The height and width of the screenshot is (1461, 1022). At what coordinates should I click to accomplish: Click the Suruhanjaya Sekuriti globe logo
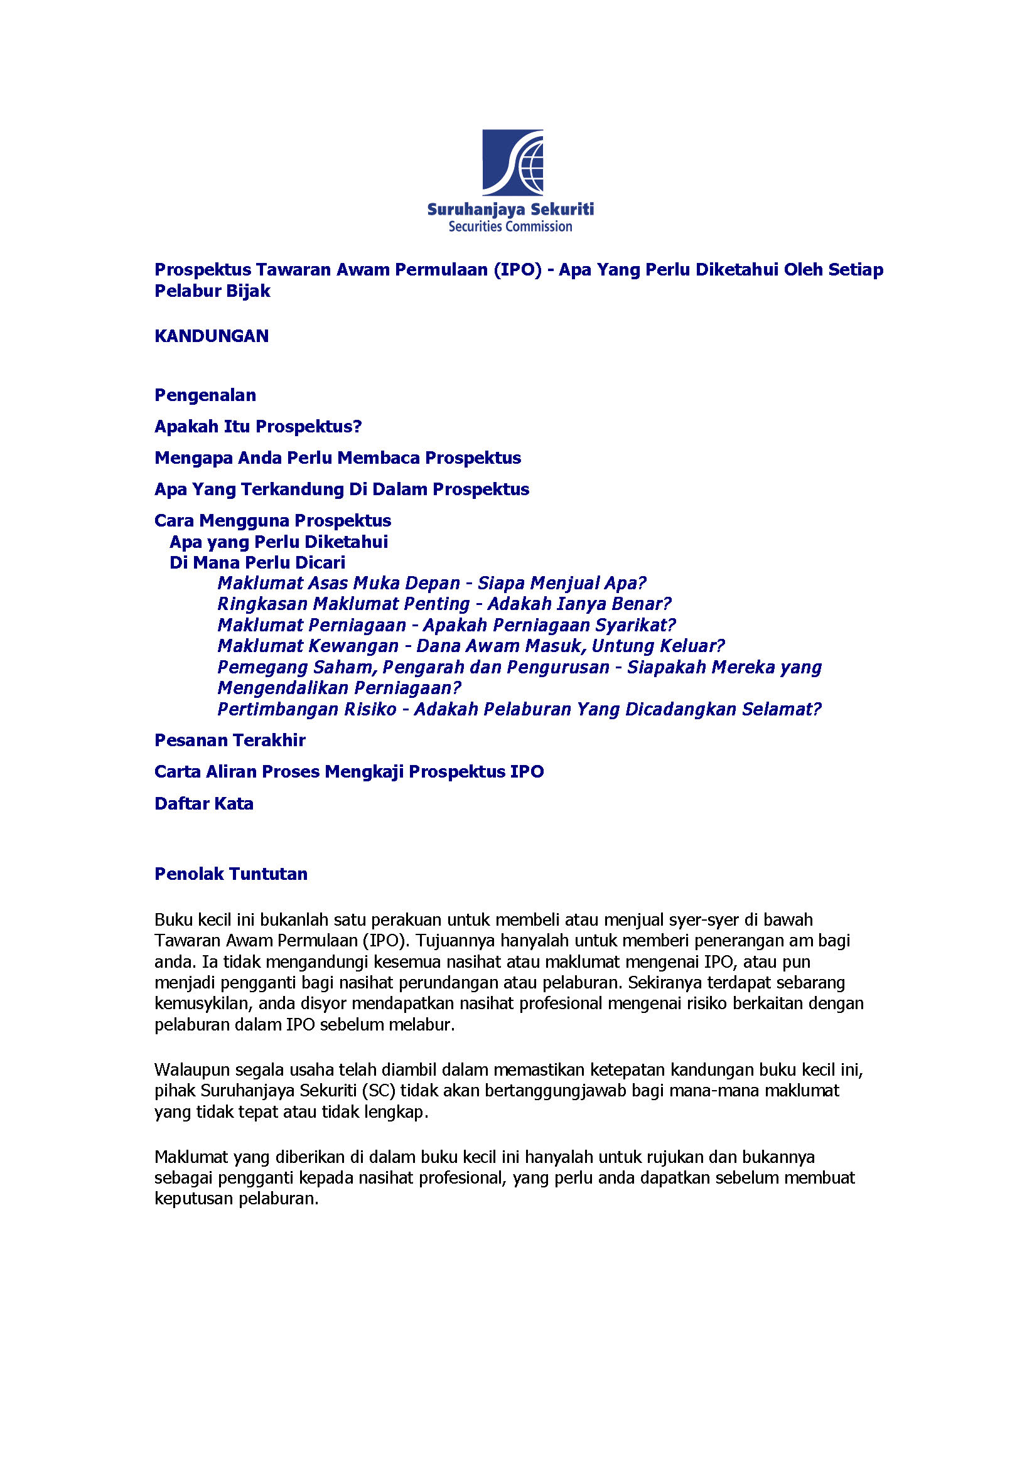[512, 163]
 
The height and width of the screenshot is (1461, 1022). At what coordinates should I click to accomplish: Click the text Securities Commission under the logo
[510, 227]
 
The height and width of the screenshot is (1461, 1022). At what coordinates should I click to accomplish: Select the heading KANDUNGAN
[212, 336]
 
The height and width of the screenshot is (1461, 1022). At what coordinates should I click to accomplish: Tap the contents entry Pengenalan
[205, 395]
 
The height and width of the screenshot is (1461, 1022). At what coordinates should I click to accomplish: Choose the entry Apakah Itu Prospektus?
[258, 426]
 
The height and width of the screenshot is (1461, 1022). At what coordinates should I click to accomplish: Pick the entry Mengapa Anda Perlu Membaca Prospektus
[337, 458]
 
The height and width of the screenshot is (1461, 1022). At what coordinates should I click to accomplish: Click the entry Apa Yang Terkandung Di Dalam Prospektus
[342, 489]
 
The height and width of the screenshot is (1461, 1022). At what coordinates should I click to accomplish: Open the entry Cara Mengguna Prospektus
[272, 520]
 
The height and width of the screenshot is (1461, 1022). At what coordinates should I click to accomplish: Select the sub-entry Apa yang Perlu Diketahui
[278, 542]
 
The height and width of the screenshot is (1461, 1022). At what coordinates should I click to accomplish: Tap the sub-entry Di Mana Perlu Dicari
[257, 562]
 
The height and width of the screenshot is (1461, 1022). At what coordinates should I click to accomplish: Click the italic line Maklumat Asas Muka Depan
[431, 583]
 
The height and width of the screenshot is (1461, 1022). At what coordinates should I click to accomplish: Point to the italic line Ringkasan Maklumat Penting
[444, 603]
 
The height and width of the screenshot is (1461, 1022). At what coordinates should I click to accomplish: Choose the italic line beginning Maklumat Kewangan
[471, 646]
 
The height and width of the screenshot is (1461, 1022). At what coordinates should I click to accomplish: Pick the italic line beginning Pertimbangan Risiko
[519, 709]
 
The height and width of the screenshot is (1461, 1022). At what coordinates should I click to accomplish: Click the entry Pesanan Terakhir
[230, 740]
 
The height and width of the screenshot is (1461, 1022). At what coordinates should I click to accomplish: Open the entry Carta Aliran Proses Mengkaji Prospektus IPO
[349, 771]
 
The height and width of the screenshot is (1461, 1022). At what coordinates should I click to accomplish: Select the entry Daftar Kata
[203, 803]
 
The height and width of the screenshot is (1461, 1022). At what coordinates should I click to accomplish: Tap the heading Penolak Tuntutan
[231, 874]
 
